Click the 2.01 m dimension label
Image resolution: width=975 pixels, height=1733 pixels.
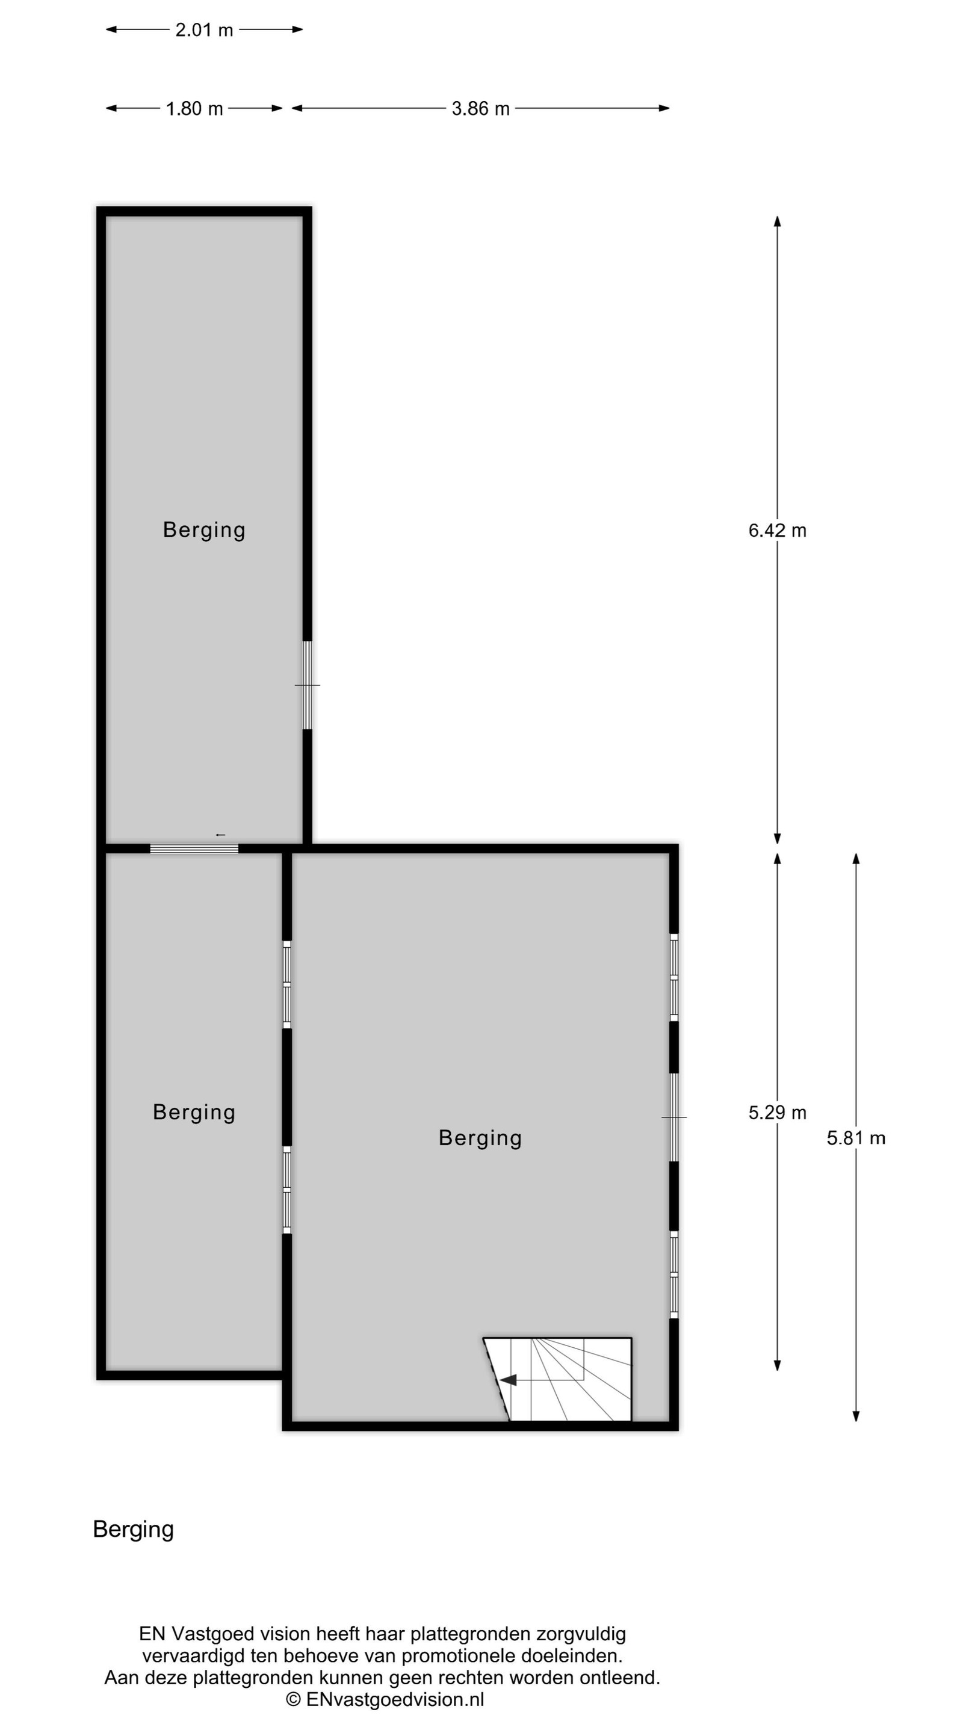[204, 29]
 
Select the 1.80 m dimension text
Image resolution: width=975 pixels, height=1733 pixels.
[194, 108]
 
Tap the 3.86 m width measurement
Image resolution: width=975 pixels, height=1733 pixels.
[480, 108]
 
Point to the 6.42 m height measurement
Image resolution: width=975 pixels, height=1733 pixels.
[777, 530]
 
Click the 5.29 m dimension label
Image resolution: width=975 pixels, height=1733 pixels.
[777, 1112]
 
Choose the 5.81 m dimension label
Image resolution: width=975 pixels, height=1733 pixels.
[856, 1138]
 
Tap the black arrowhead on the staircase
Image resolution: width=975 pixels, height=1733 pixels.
[507, 1380]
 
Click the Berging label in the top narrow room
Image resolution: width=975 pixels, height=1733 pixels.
[204, 530]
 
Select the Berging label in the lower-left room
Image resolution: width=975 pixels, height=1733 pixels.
[194, 1112]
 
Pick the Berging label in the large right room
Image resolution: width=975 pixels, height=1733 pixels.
[480, 1138]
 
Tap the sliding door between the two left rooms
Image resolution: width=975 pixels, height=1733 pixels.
[194, 848]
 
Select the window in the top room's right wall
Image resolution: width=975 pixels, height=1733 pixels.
[308, 685]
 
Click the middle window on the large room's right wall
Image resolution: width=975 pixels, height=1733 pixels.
[673, 1117]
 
